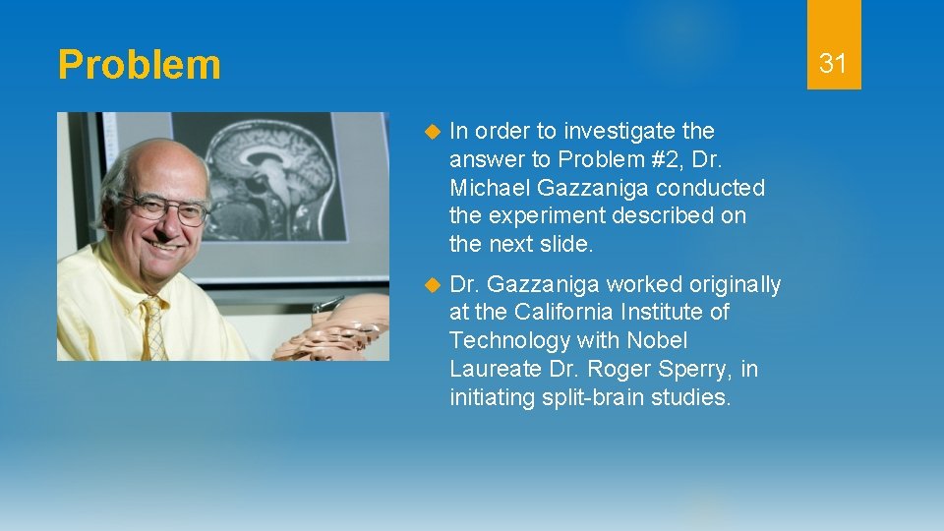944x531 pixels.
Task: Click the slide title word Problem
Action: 139,66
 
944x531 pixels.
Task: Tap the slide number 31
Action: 833,64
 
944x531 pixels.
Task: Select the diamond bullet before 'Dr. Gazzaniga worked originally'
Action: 429,285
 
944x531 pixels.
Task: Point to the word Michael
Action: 487,187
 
